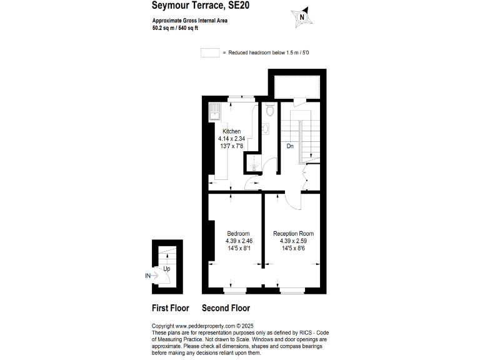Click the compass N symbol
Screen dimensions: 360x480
click(302, 18)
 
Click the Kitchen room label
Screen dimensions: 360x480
click(232, 131)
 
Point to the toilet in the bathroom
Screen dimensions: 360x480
click(269, 111)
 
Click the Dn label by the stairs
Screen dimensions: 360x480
click(290, 146)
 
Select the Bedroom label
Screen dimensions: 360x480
click(238, 234)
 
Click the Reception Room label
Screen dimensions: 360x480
click(294, 234)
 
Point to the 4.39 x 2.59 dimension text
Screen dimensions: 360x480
click(294, 241)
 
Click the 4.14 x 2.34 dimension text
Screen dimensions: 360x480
click(232, 138)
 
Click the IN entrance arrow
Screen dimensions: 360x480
click(150, 275)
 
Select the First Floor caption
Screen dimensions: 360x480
click(171, 308)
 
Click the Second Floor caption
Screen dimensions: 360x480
click(226, 308)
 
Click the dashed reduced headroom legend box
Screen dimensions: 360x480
click(209, 53)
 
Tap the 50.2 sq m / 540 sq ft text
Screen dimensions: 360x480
click(180, 28)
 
